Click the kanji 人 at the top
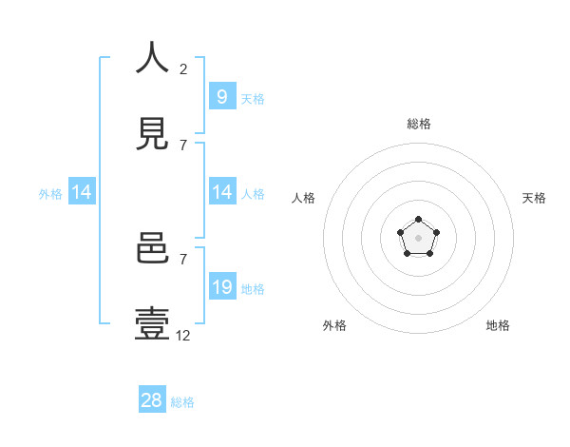pos(152,59)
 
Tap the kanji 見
pos(152,134)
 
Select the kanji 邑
pos(152,249)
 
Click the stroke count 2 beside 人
pos(183,69)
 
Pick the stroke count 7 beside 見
pos(183,145)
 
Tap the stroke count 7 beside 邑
pos(183,259)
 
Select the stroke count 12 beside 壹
pos(183,335)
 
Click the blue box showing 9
pos(221,96)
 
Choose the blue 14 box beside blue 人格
pos(221,192)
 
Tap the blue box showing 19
pos(221,287)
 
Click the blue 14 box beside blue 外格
pos(82,192)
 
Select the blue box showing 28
pos(151,400)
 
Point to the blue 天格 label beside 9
pos(253,98)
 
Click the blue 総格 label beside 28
pos(182,402)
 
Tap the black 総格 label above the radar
pos(418,124)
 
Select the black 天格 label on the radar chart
pos(534,198)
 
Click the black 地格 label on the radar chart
pos(498,325)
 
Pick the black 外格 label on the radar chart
pos(334,325)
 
